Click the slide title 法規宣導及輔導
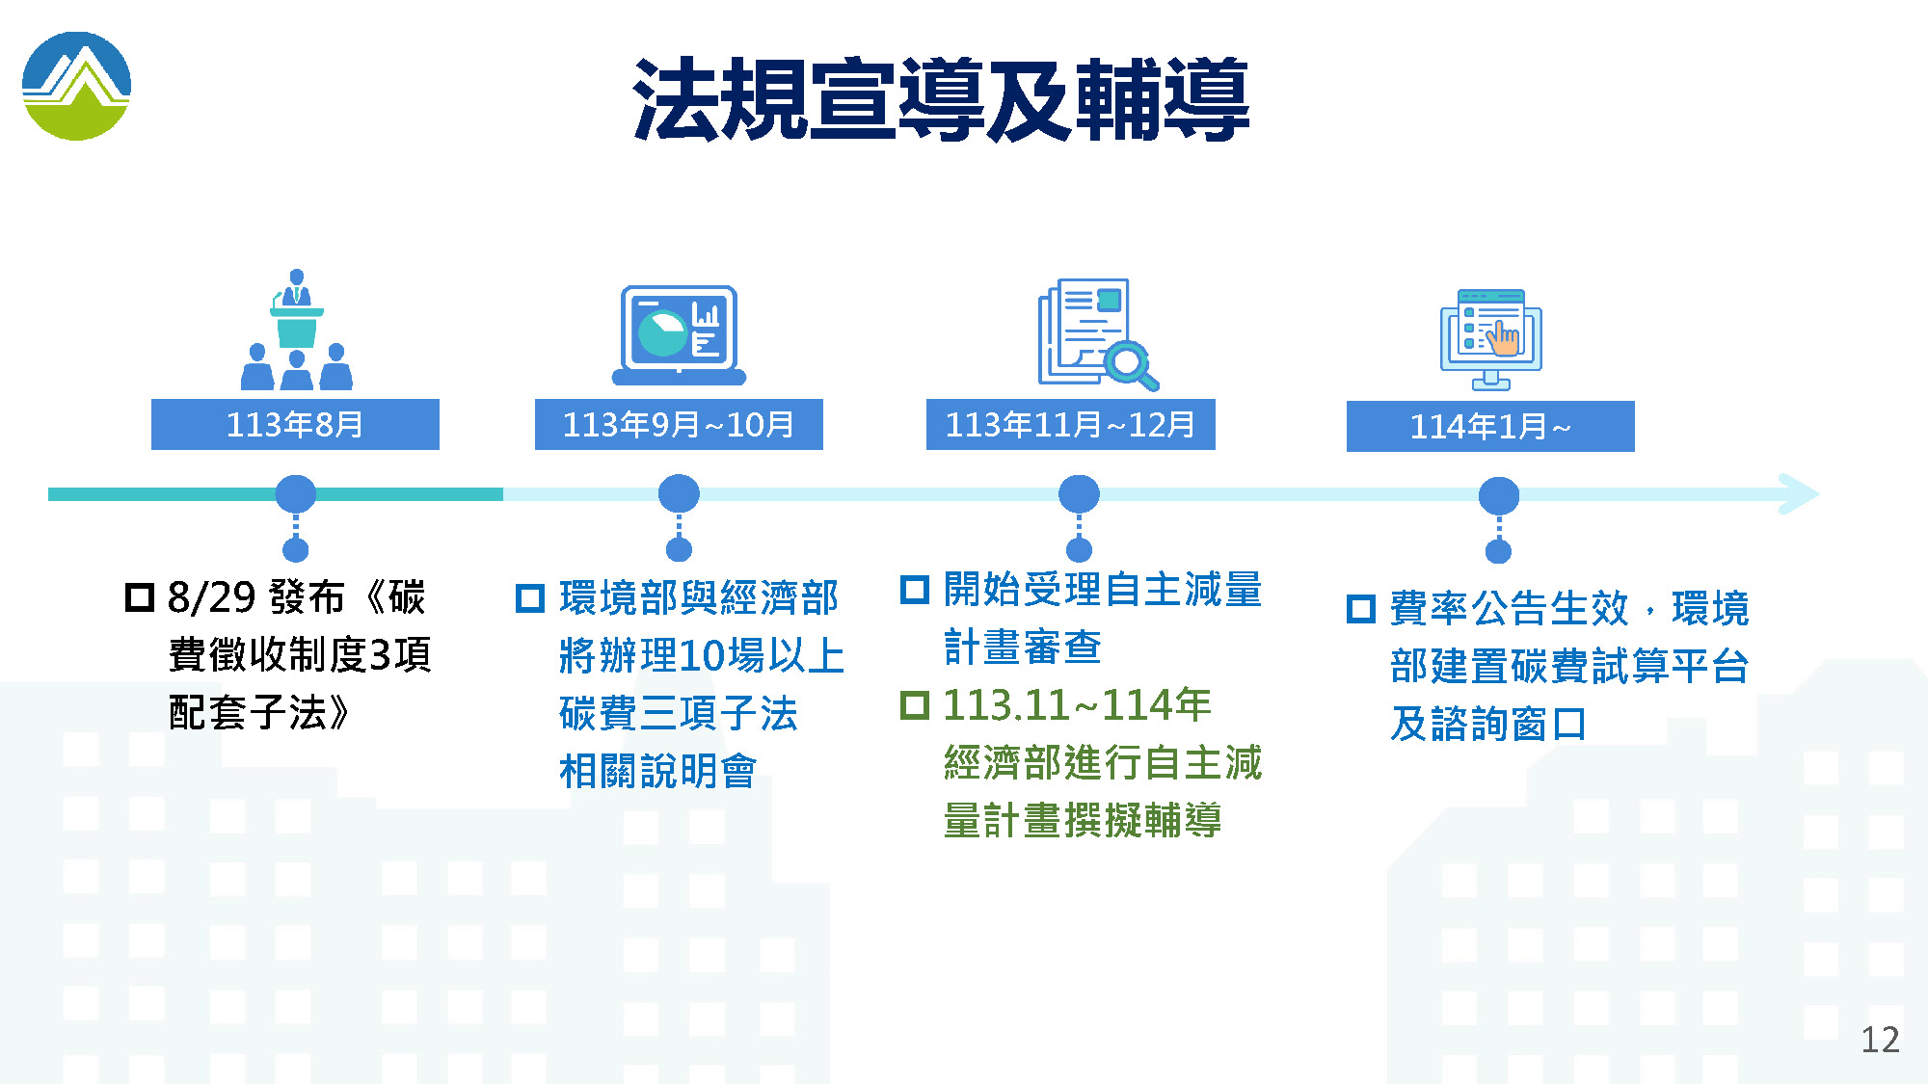(941, 100)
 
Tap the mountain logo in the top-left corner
(76, 86)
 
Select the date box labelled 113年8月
(295, 424)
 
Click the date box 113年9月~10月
(679, 424)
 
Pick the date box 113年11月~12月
(1070, 424)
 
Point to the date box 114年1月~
(1490, 426)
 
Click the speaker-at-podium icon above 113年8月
(296, 330)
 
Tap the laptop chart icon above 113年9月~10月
(679, 335)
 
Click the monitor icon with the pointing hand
(1491, 339)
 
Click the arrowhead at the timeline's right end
(1799, 494)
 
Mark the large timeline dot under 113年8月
(296, 494)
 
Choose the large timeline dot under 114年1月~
(1499, 496)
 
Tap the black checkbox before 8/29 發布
(140, 597)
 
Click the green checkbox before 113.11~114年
(914, 705)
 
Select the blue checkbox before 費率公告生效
(1361, 609)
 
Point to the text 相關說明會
(658, 771)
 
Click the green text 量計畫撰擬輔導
(1083, 821)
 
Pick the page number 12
(1880, 1040)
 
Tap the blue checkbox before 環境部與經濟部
(530, 598)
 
